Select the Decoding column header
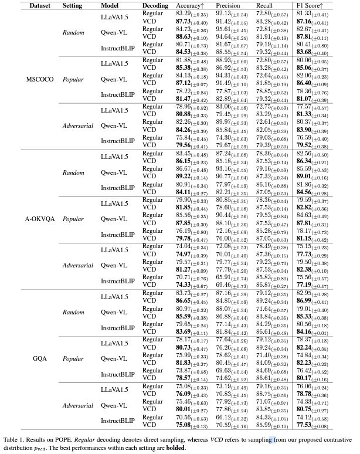(x=155, y=5)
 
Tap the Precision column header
(x=228, y=5)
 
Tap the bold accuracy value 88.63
(x=186, y=36)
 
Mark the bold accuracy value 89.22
(x=186, y=175)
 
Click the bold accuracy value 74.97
(x=186, y=253)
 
